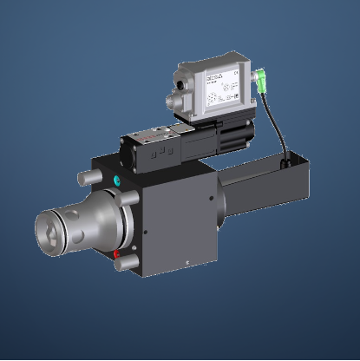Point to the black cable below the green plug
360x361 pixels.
[278, 130]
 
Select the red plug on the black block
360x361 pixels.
[117, 254]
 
